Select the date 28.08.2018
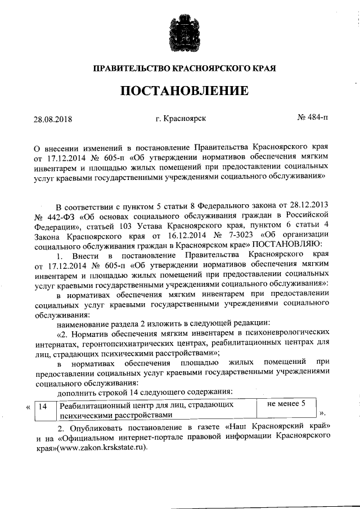pos(53,120)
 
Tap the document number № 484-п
pos(312,119)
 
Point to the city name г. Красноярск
pos(181,119)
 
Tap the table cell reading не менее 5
pos(286,403)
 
